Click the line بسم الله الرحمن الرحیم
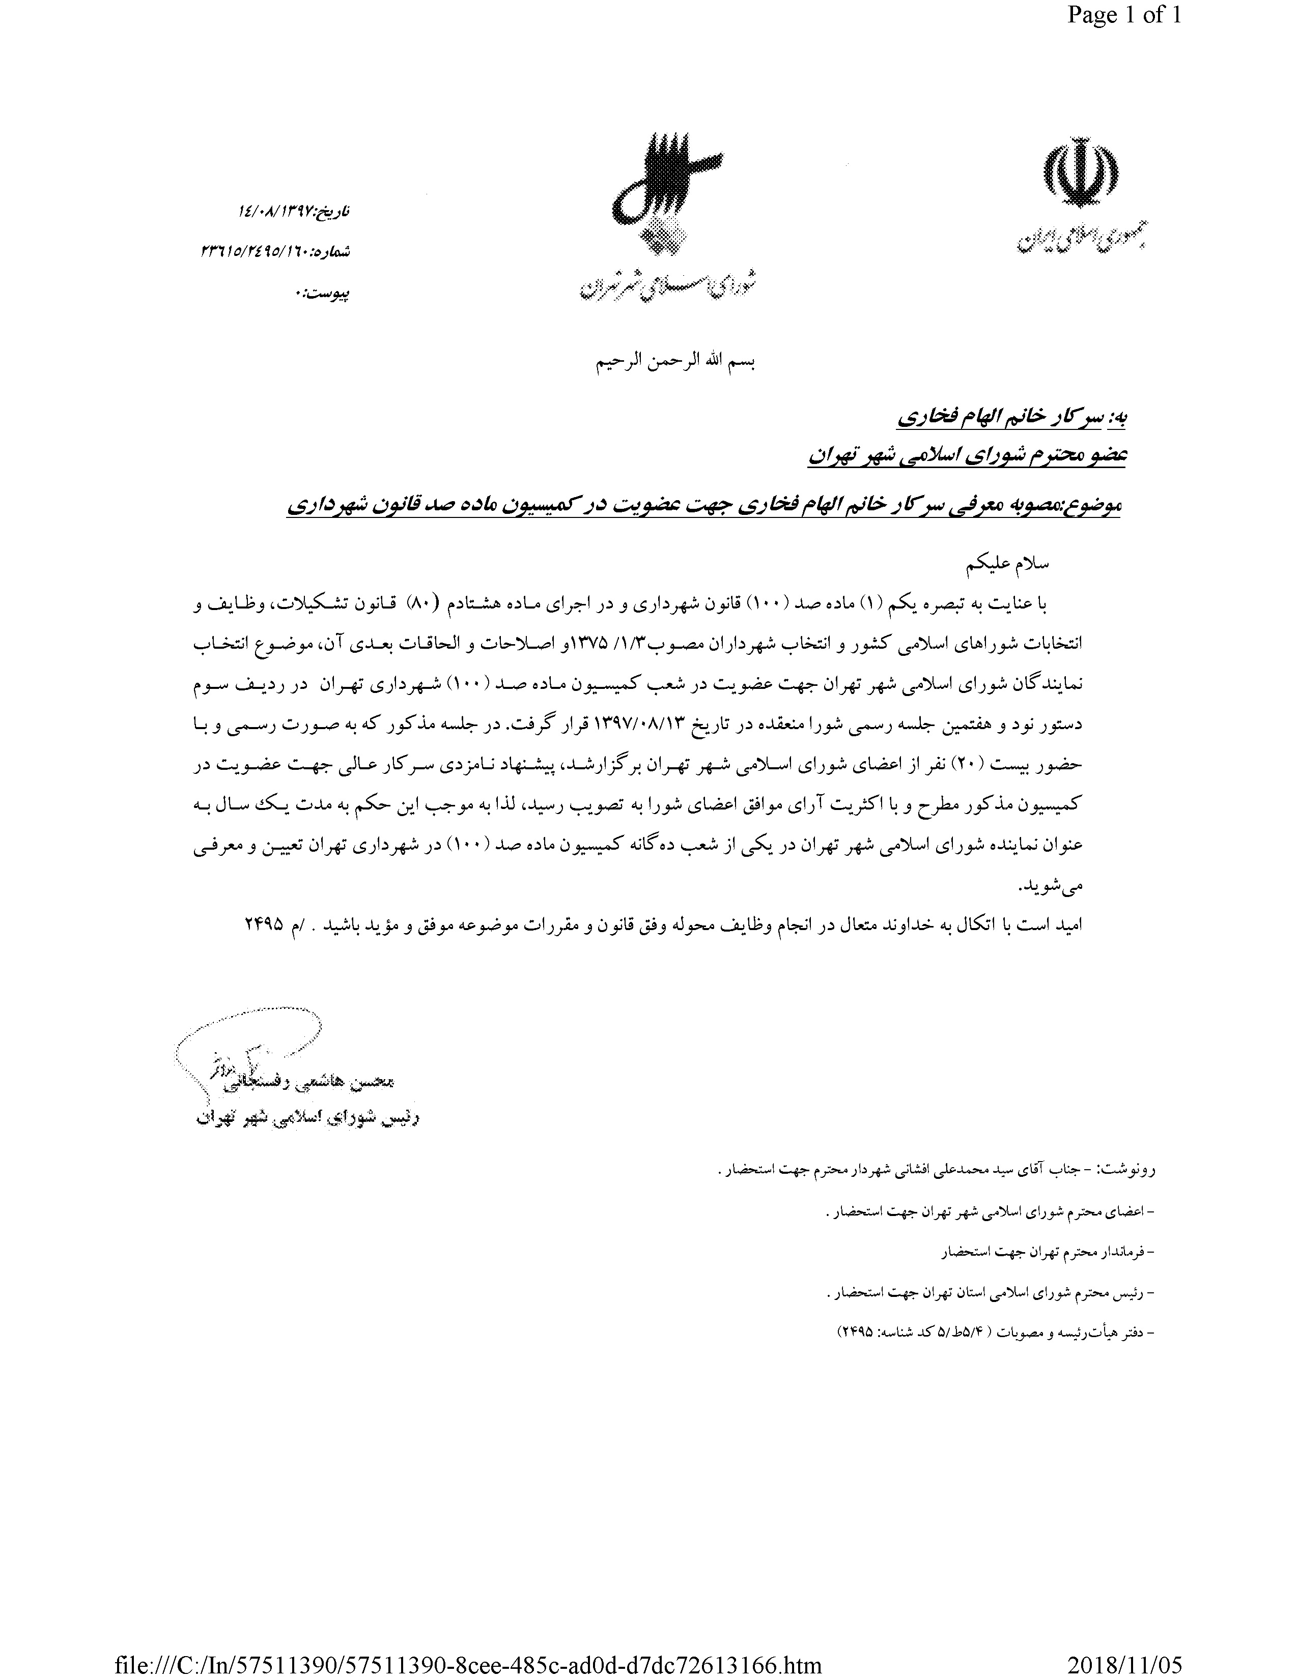(676, 363)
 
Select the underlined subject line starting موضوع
(703, 506)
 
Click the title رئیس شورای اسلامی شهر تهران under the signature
(307, 1118)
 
